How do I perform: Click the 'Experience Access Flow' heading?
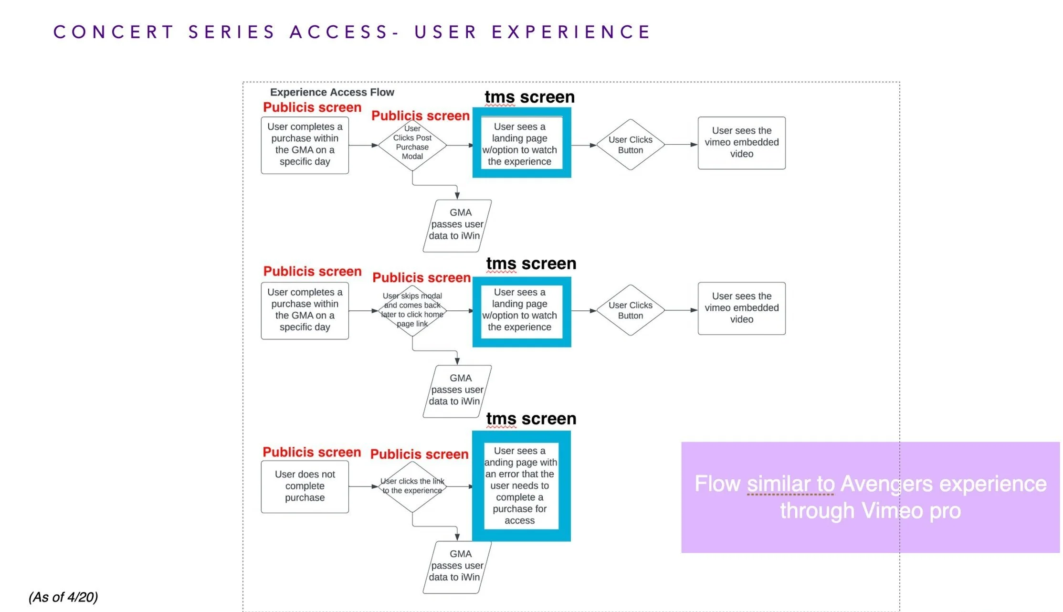click(x=332, y=92)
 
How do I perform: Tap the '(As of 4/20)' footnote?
click(x=63, y=597)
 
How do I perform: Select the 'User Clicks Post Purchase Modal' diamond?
click(x=412, y=145)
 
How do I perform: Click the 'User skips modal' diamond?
click(x=412, y=310)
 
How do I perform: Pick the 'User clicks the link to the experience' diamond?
click(x=412, y=486)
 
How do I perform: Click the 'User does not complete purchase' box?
click(x=305, y=486)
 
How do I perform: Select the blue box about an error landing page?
click(x=521, y=485)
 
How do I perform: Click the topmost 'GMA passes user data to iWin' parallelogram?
click(x=457, y=225)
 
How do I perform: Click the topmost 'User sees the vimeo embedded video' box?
click(x=741, y=143)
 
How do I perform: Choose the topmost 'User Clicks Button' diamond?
click(x=630, y=145)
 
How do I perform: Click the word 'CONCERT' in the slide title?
click(x=114, y=32)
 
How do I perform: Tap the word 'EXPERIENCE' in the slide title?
click(x=571, y=32)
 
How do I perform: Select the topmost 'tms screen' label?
click(x=529, y=97)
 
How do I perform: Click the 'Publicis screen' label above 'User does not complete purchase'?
click(x=312, y=452)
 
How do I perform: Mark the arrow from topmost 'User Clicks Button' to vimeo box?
click(x=681, y=144)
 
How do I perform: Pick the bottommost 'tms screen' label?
click(x=531, y=419)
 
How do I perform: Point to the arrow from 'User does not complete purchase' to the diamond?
click(x=363, y=486)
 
